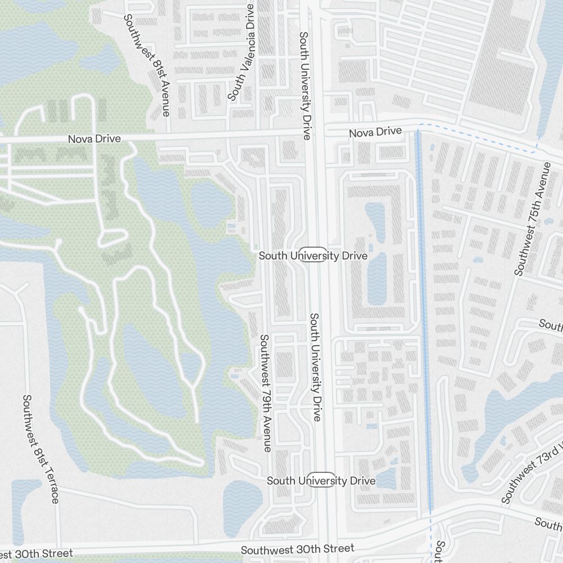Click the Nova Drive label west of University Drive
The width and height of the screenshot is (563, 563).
point(94,138)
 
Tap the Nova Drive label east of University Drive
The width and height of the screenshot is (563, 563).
point(375,132)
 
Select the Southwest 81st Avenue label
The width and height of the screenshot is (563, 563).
point(147,65)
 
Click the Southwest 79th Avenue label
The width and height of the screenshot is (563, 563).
point(265,392)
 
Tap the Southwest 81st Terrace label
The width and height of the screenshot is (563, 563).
point(40,449)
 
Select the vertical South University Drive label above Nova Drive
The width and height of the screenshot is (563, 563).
point(305,86)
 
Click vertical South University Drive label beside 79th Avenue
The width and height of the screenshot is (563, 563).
point(316,367)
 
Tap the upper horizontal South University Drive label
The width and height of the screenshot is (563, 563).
point(313,256)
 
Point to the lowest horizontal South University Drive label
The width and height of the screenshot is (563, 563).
point(321,481)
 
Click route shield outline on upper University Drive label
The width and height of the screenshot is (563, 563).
point(313,254)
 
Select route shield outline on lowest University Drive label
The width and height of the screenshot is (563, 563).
point(323,480)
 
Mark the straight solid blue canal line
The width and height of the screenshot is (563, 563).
point(423,315)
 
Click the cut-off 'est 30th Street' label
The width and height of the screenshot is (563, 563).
point(36,554)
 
